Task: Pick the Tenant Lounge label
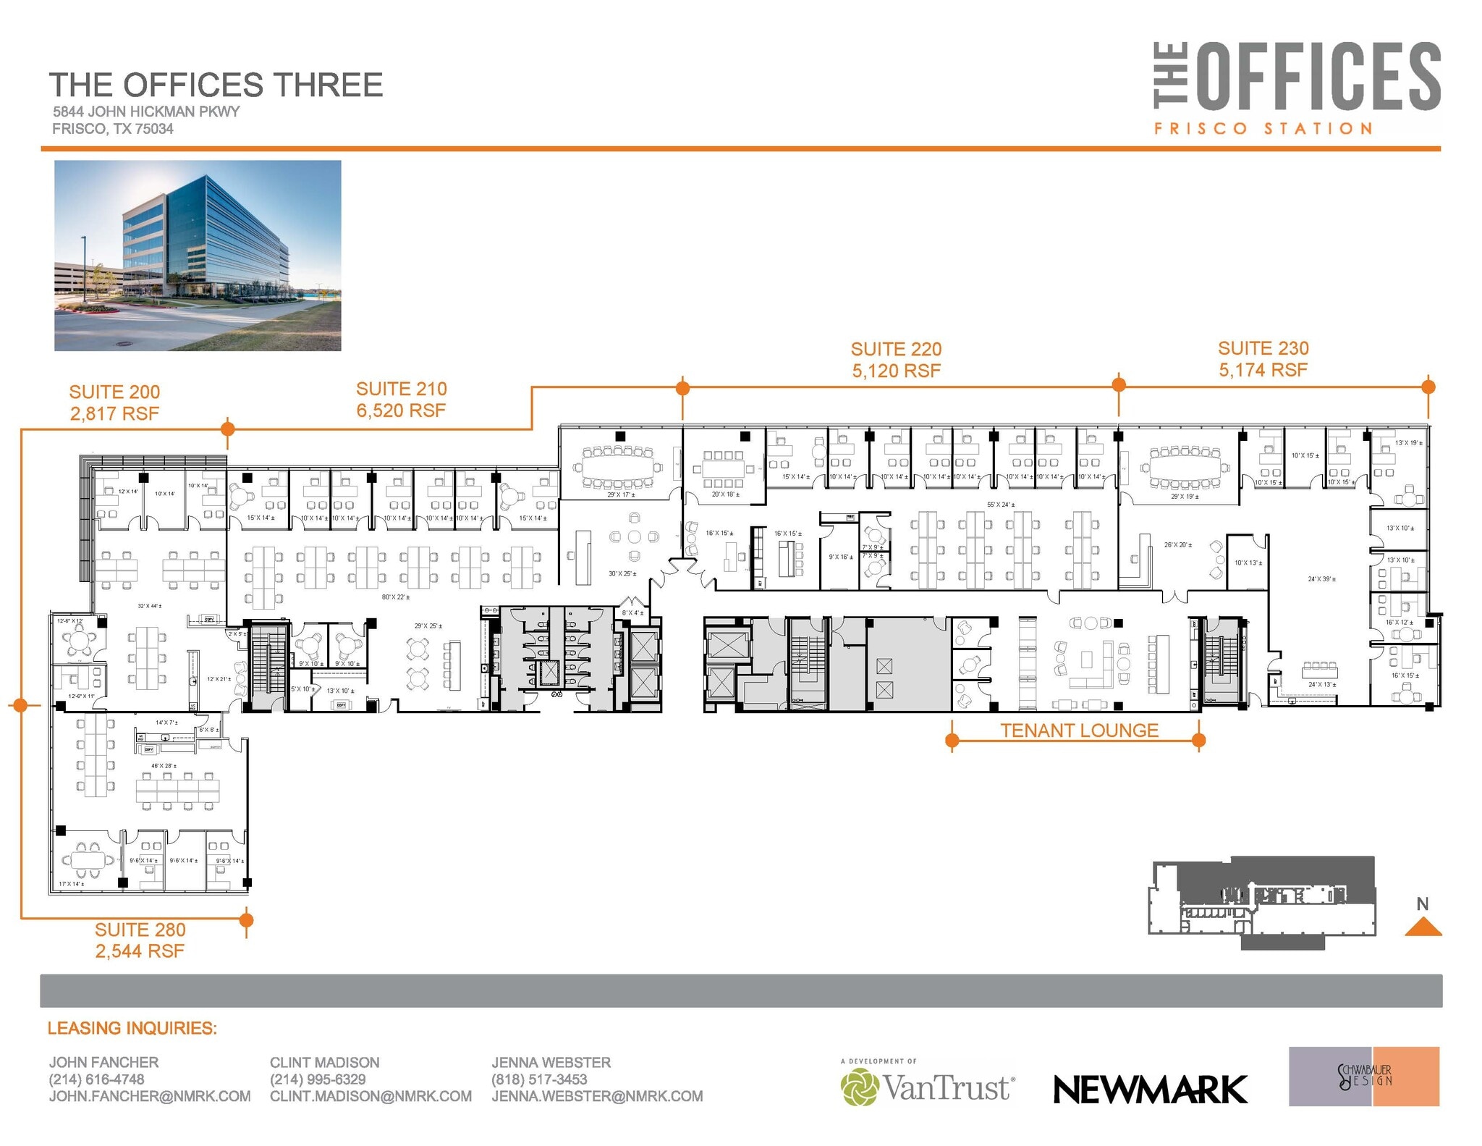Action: click(1079, 730)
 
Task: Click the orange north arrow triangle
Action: click(1423, 927)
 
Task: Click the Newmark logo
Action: click(1150, 1089)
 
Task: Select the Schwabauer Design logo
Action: click(1363, 1077)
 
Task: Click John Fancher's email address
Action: click(150, 1096)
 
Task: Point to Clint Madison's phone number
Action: click(318, 1079)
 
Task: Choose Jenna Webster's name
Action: click(551, 1062)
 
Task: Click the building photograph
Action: click(198, 256)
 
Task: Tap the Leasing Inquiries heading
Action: click(132, 1028)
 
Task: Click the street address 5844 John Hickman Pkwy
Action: click(145, 111)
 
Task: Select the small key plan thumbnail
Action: click(1261, 903)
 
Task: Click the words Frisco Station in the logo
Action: click(1263, 129)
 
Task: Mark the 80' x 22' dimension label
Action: click(396, 597)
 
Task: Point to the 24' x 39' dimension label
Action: click(1321, 579)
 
